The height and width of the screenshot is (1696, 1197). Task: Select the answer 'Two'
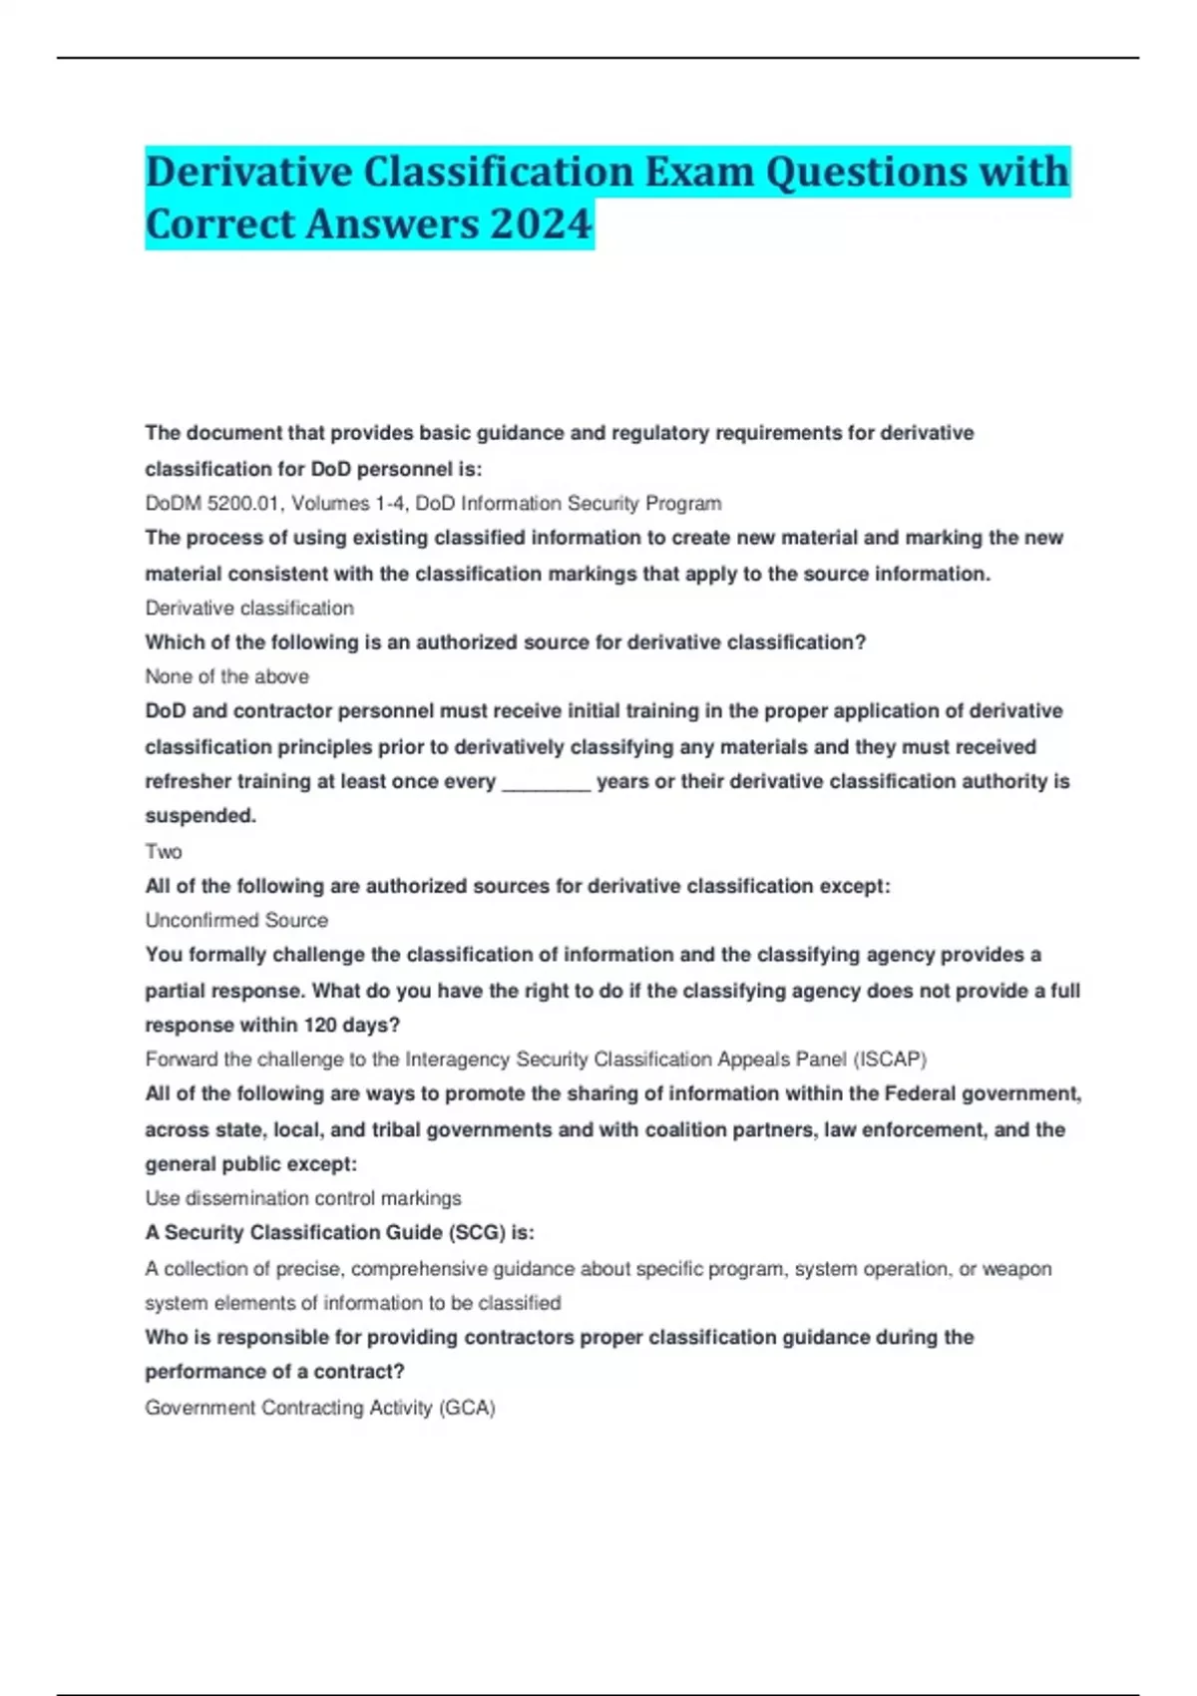click(x=164, y=851)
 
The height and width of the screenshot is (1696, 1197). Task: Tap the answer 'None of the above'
click(x=226, y=676)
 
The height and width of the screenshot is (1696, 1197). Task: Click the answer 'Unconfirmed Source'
click(x=236, y=920)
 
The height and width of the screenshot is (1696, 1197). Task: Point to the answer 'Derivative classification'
click(x=249, y=608)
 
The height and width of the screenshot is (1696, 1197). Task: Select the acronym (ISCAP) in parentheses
click(x=890, y=1059)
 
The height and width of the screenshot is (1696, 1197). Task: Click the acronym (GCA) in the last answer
click(x=467, y=1408)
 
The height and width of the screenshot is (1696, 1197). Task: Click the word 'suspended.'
click(x=200, y=815)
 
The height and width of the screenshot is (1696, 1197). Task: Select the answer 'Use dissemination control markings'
click(x=303, y=1198)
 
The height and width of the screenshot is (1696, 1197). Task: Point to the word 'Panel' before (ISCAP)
click(x=819, y=1059)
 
